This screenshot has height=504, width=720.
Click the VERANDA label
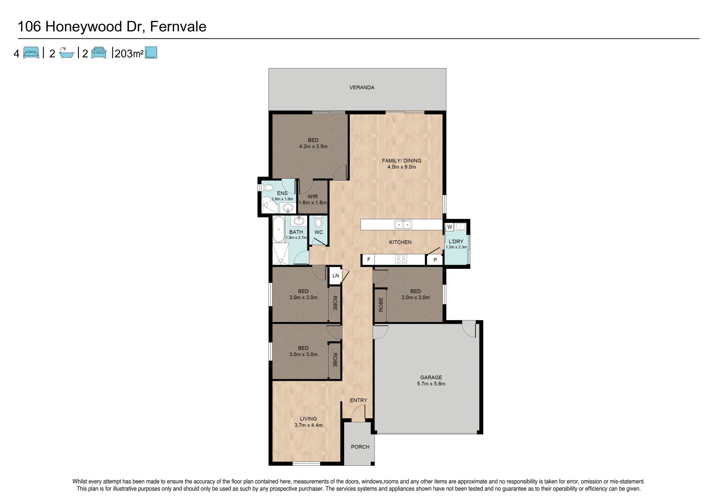[362, 87]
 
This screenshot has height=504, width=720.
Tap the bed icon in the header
[31, 53]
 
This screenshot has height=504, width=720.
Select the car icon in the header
[99, 53]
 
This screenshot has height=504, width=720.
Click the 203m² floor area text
[128, 54]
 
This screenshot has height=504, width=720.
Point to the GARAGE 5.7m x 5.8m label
[431, 381]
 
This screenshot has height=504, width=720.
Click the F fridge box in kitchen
[368, 259]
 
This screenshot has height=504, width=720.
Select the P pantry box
[435, 260]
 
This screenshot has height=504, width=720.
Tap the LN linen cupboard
[335, 275]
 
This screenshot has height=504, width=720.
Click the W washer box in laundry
[449, 227]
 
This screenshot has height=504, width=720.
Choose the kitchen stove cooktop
[401, 259]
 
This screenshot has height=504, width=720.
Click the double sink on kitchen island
[402, 224]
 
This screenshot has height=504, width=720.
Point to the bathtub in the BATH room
[278, 229]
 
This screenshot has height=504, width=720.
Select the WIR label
[312, 196]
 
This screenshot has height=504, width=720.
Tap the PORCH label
[360, 447]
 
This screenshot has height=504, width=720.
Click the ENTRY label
[359, 400]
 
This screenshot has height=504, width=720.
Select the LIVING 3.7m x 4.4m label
[308, 422]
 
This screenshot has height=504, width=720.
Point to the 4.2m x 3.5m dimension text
[313, 146]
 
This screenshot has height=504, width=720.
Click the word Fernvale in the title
[178, 27]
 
